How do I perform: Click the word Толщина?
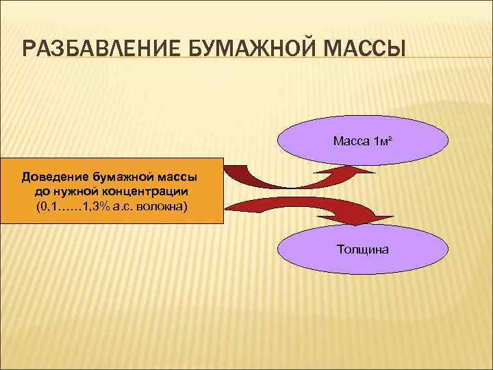(x=363, y=249)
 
